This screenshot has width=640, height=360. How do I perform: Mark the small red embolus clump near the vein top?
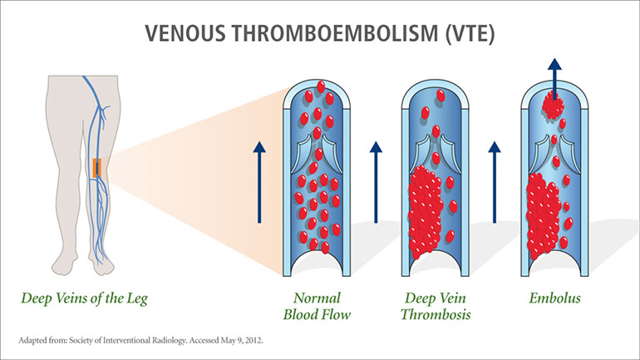552,105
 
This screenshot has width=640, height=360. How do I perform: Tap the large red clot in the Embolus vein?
549,212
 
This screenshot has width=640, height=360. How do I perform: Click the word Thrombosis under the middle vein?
434,315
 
